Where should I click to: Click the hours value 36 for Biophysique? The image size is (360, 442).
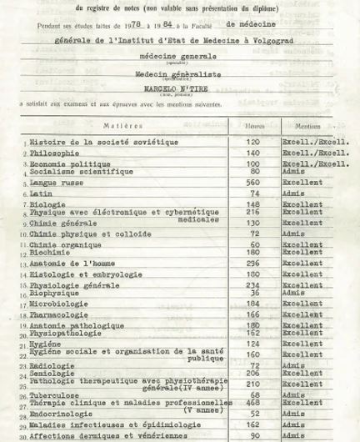[254, 293]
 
